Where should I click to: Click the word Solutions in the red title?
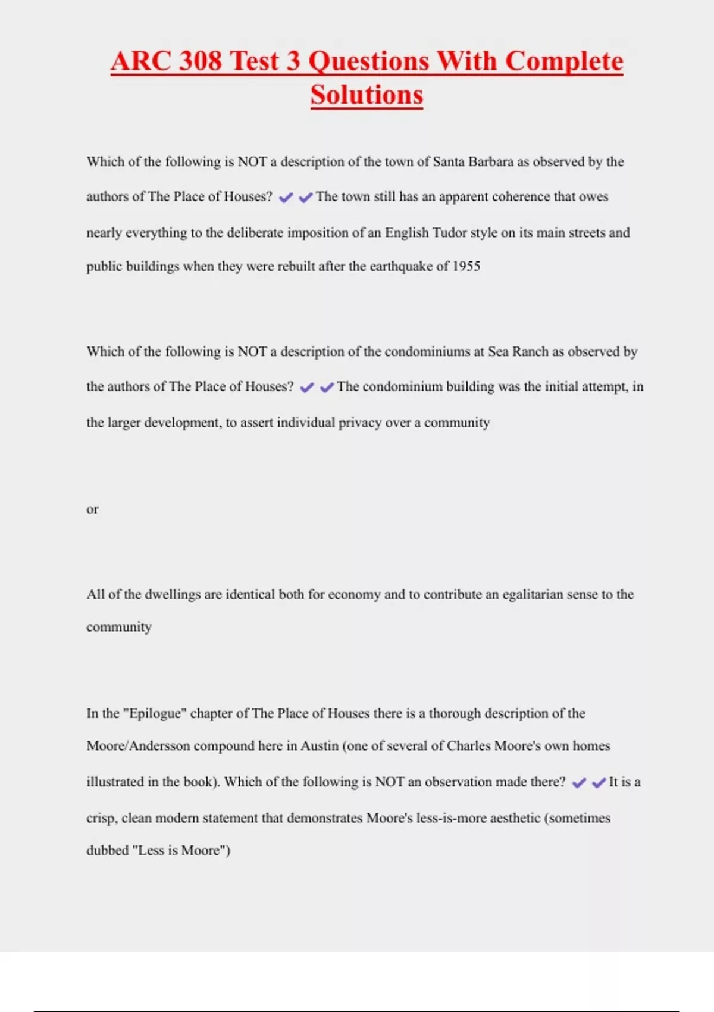pos(367,95)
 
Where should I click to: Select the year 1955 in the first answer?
pos(466,266)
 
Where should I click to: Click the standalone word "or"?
pos(92,509)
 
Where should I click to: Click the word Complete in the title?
pos(564,61)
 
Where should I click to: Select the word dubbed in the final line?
pos(107,850)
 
